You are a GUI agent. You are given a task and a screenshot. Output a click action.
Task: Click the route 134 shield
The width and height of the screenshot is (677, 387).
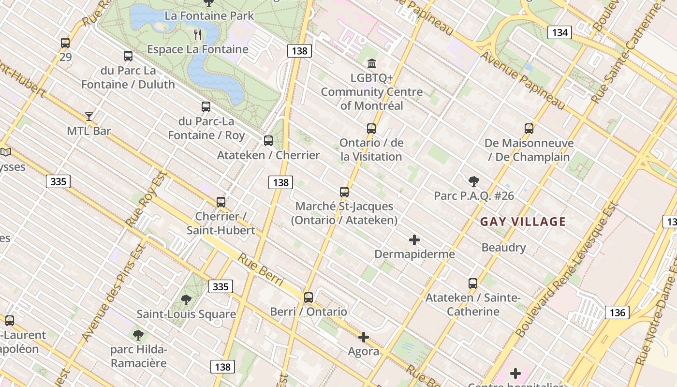[x=559, y=32]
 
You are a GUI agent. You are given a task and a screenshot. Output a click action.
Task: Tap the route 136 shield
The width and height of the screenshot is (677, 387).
[x=617, y=312]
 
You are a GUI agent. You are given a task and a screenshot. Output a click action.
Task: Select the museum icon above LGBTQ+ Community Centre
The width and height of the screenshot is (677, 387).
[x=372, y=63]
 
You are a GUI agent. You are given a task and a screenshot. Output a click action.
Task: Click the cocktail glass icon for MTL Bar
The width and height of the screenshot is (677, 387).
[x=89, y=116]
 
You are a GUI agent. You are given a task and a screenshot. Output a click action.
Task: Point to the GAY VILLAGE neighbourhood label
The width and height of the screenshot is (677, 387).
[x=523, y=222]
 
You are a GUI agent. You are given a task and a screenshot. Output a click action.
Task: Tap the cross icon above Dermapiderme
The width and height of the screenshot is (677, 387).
[x=414, y=239]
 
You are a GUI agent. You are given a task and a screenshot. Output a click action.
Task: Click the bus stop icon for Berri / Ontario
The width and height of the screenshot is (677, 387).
[x=309, y=297]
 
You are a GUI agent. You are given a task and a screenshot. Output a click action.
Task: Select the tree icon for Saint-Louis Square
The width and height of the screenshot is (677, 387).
[x=186, y=300]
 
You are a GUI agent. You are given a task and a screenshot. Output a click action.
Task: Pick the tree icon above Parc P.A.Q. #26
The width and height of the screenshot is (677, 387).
[x=473, y=181]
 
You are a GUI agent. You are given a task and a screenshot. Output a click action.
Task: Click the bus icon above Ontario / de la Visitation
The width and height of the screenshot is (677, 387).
[x=371, y=128]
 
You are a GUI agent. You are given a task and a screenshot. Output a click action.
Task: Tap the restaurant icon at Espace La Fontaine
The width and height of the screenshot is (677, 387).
[x=198, y=34]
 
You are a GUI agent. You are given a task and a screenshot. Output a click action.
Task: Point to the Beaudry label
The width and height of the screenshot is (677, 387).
[x=503, y=248]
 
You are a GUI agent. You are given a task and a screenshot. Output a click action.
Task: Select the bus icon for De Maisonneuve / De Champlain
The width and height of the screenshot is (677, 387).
[x=529, y=128]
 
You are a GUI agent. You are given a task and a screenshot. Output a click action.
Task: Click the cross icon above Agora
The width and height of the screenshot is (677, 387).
[x=364, y=337]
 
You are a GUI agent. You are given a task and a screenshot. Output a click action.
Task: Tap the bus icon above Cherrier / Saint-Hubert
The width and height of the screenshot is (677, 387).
[x=221, y=202]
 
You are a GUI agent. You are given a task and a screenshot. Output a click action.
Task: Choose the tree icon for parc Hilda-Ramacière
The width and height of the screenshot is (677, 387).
[x=138, y=335]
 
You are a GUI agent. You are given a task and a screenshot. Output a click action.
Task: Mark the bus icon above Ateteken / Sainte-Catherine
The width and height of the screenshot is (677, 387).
[x=473, y=283]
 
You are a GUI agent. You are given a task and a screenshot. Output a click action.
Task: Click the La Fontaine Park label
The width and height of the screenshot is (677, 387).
[x=209, y=15]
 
